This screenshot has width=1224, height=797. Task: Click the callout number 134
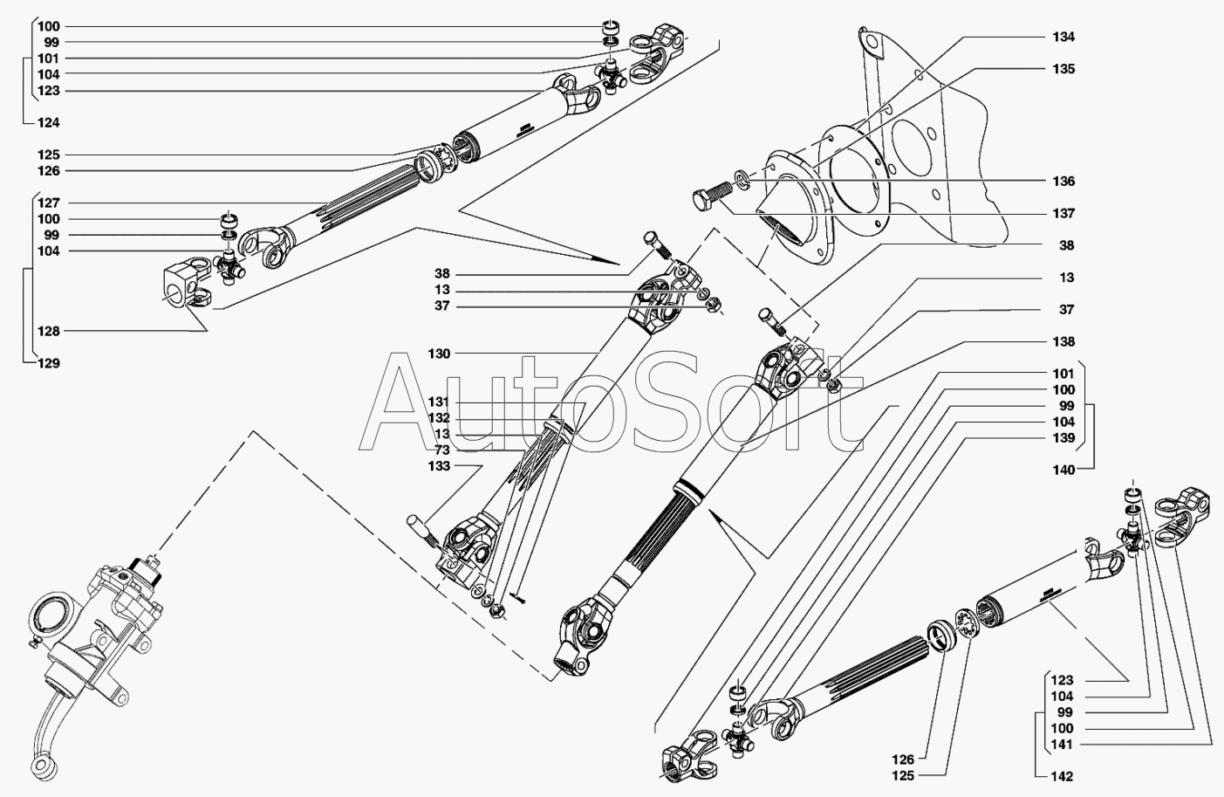click(x=1063, y=37)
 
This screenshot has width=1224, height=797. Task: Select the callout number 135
click(x=1063, y=68)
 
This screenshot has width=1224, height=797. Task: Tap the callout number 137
click(x=1063, y=213)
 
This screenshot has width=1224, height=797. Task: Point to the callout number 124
click(x=48, y=122)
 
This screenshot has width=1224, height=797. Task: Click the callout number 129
click(x=48, y=363)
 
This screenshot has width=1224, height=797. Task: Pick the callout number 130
click(x=439, y=354)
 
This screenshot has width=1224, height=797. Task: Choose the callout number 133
click(x=439, y=466)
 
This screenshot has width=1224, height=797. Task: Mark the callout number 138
click(x=1063, y=341)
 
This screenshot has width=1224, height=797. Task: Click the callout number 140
click(x=1063, y=470)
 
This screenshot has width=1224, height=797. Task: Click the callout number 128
click(x=48, y=331)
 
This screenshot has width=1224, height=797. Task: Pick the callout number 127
click(x=48, y=203)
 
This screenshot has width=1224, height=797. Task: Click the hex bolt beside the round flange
click(x=708, y=197)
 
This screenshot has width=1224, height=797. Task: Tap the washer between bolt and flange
click(x=742, y=180)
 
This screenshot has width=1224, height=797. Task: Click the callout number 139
click(x=1063, y=437)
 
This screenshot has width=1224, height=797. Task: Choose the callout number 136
click(x=1063, y=182)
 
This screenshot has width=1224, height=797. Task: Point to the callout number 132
click(x=439, y=418)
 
